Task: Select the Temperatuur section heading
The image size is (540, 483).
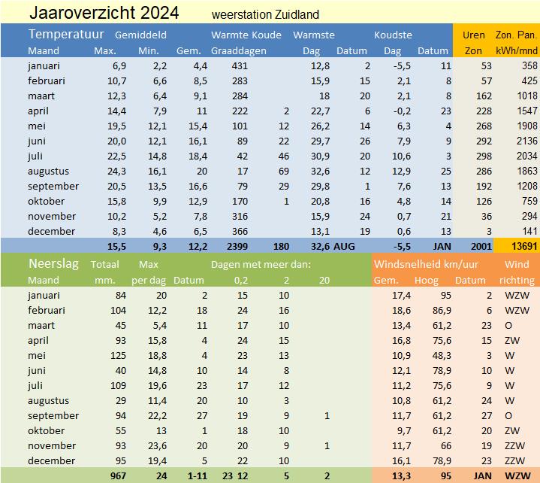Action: point(65,35)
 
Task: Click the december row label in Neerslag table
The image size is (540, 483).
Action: point(52,460)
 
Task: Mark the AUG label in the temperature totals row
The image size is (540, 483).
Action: point(344,246)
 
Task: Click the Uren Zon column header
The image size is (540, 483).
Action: point(473,43)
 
